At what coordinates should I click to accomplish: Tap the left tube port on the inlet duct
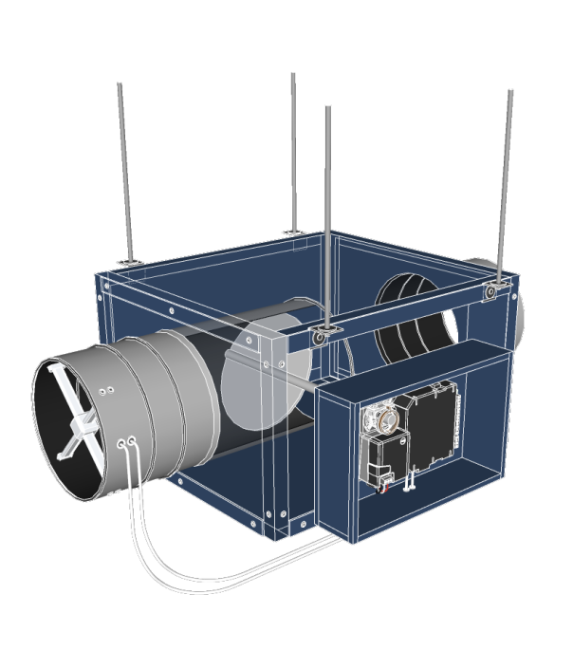pos(121,443)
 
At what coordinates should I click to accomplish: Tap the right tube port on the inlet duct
pos(134,440)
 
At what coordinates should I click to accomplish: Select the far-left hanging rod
pos(123,171)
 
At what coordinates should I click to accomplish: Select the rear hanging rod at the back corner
pos(293,152)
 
